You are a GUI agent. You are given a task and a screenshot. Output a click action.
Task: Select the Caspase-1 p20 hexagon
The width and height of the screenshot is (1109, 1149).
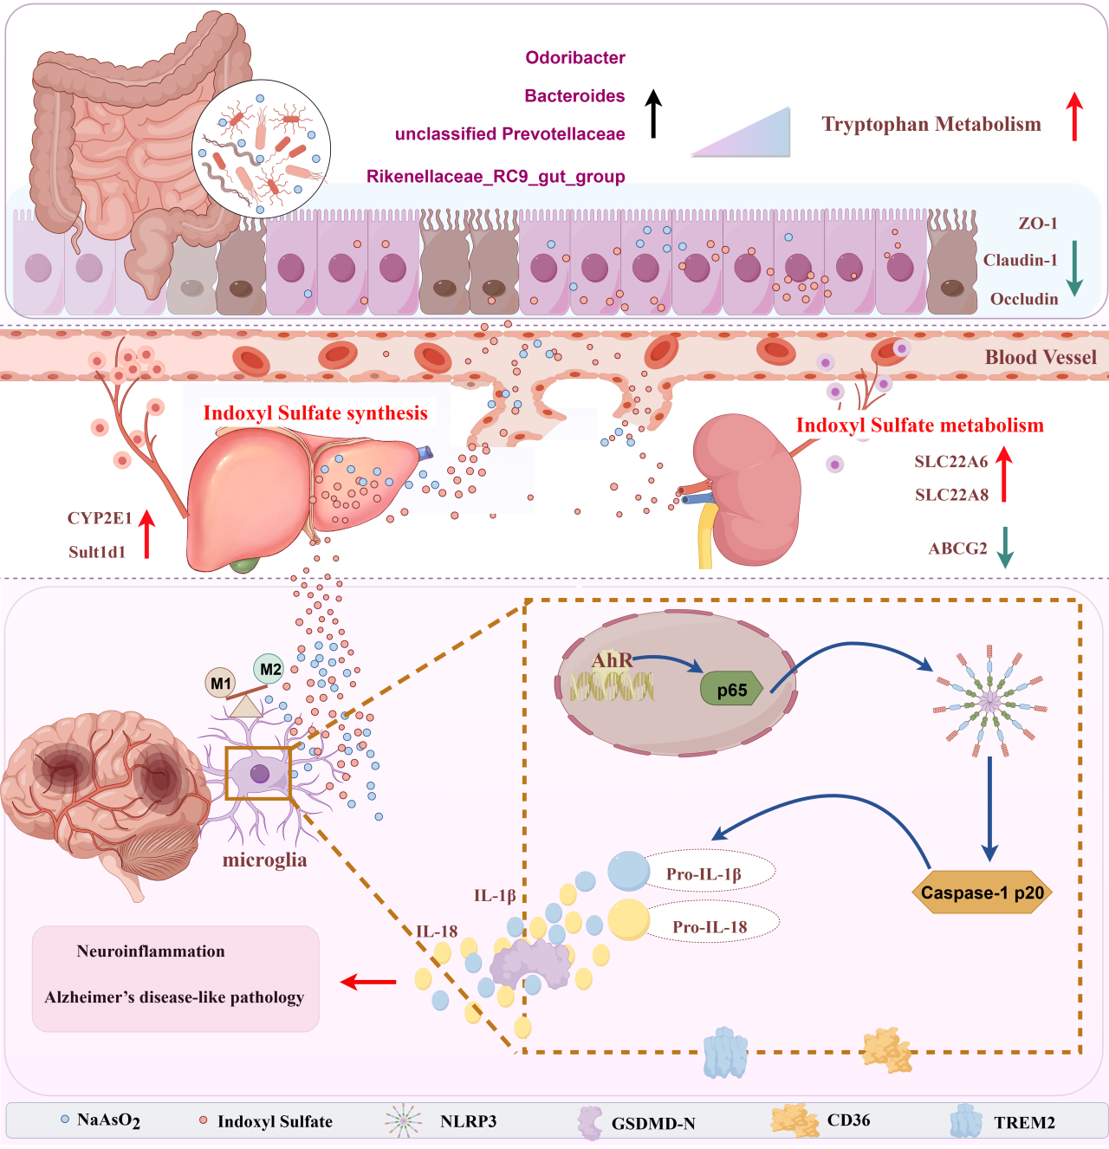click(x=982, y=893)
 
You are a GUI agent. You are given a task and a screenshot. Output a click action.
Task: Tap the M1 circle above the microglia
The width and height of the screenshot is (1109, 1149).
click(x=221, y=683)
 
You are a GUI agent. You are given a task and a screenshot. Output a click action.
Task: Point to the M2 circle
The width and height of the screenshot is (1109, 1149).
click(x=270, y=668)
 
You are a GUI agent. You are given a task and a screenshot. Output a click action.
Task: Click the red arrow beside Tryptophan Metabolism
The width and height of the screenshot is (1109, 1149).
click(x=1074, y=116)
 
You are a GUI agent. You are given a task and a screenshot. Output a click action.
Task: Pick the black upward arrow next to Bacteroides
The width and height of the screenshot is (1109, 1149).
click(x=654, y=114)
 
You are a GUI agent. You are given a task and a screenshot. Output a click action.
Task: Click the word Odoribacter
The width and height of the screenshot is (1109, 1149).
click(x=575, y=58)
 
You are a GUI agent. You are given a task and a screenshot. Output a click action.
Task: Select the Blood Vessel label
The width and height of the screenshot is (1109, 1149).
click(x=1040, y=357)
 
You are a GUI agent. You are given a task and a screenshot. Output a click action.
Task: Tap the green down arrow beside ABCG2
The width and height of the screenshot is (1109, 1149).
click(x=1005, y=548)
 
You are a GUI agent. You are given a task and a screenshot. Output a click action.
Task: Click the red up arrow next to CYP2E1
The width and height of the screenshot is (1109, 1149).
click(x=147, y=534)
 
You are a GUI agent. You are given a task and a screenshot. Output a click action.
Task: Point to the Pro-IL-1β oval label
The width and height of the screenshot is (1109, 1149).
click(x=704, y=874)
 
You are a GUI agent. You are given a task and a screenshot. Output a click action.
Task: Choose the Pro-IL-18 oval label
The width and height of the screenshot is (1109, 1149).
click(x=710, y=927)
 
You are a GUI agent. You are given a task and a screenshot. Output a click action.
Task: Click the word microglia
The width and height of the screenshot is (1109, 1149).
click(x=264, y=860)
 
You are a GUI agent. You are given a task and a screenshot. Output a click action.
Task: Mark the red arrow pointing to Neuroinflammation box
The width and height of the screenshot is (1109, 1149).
click(x=369, y=982)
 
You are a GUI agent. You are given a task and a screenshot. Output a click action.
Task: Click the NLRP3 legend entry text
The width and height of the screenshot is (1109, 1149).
click(x=468, y=1121)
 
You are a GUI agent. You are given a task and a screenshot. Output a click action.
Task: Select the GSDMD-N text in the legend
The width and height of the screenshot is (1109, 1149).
click(x=653, y=1124)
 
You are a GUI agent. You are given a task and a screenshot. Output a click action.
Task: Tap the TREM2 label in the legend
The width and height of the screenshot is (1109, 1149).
click(x=1024, y=1123)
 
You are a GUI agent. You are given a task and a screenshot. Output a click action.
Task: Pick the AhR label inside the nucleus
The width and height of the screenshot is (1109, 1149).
click(x=612, y=660)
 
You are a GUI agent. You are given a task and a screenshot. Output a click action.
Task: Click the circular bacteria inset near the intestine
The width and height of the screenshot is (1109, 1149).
click(x=262, y=148)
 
